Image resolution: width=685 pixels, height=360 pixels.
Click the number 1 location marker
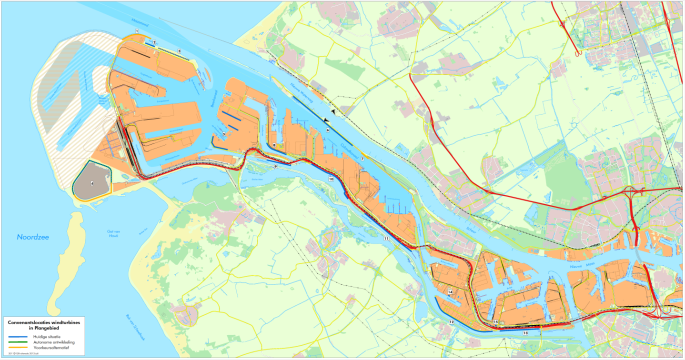137,31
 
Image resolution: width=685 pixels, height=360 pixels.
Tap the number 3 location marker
179,50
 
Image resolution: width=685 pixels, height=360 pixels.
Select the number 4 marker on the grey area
91,182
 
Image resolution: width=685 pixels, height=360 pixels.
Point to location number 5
223,135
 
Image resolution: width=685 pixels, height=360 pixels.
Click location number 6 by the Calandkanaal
328,130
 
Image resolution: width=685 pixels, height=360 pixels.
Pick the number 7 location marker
362,158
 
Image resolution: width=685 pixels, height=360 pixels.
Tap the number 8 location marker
274,145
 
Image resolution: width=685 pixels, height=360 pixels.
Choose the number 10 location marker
331,179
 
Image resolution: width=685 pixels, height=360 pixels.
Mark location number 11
386,238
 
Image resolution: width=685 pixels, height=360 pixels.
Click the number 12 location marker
451,322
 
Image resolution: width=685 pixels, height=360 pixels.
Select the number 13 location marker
525,333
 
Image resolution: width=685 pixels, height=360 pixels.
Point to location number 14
450,291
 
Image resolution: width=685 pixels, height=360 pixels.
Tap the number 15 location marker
496,322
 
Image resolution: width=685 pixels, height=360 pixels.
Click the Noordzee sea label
33,237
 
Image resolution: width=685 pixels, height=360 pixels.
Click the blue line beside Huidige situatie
17,337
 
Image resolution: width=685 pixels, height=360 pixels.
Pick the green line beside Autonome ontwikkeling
17,342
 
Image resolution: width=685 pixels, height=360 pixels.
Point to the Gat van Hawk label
113,233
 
